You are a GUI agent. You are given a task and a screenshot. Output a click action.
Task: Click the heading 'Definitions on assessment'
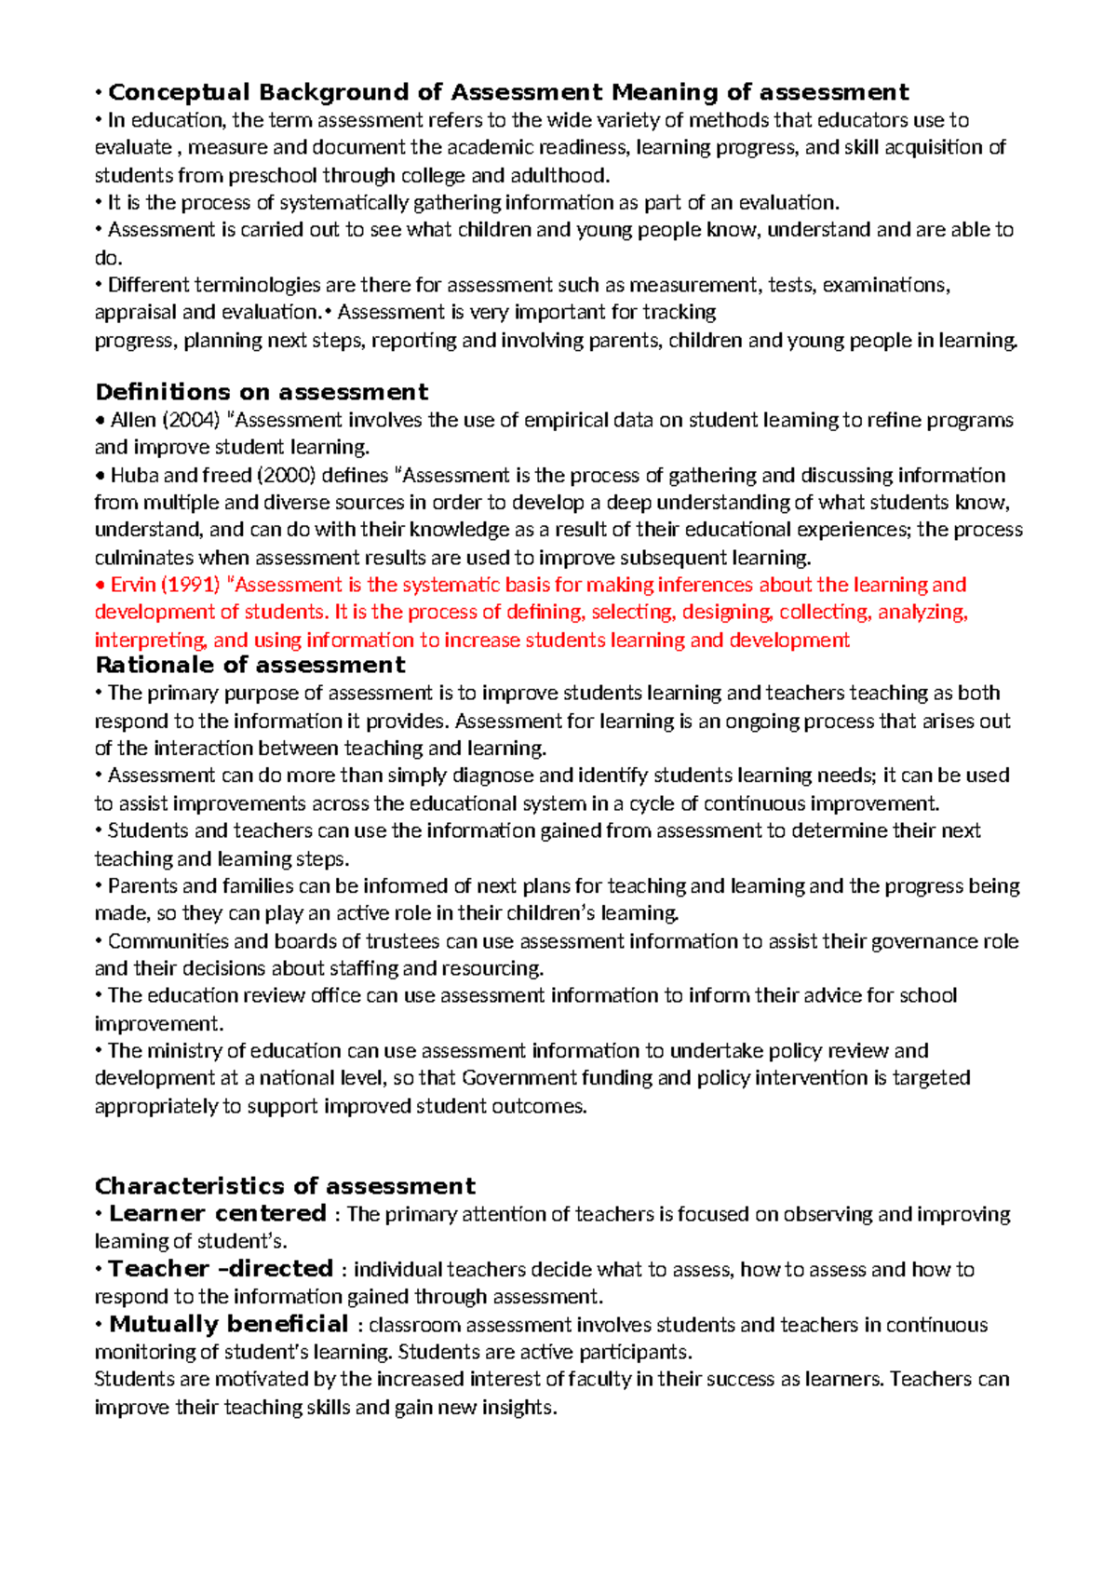[x=262, y=392]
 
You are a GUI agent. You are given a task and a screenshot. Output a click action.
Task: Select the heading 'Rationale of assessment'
[x=249, y=665]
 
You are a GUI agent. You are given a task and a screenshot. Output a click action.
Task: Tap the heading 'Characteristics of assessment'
[x=285, y=1186]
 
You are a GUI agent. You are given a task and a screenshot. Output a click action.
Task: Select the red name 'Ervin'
[x=133, y=585]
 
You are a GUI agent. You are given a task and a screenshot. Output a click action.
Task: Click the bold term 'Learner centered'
[x=217, y=1213]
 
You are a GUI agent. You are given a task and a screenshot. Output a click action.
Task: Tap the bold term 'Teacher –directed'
[x=221, y=1268]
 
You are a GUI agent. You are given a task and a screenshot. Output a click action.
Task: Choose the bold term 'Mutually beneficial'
[x=228, y=1324]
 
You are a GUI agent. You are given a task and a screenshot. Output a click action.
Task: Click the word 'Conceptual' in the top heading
[x=180, y=92]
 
